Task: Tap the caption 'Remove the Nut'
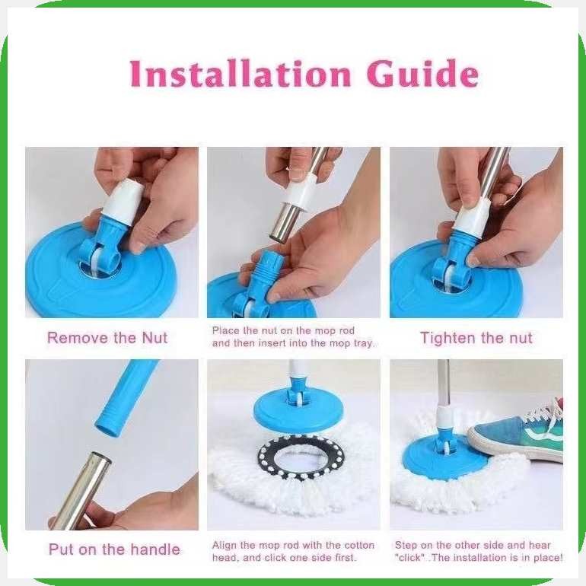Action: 107,338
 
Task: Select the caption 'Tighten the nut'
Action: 476,338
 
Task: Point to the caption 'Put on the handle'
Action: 114,549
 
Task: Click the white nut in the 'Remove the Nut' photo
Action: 121,202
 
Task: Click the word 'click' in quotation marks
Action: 408,558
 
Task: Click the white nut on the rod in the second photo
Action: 302,194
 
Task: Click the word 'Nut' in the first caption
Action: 154,338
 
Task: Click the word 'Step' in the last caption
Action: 406,545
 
